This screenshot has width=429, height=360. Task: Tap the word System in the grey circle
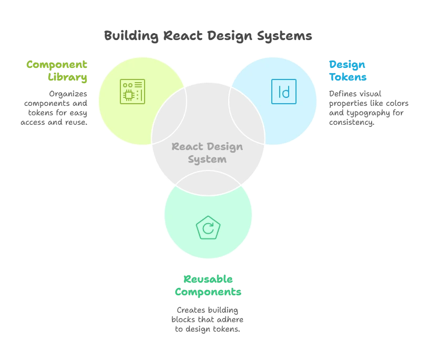click(x=208, y=159)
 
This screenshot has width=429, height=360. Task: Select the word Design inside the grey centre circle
click(x=224, y=146)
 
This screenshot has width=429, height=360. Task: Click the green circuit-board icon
click(x=132, y=92)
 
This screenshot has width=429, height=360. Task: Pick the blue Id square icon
click(x=284, y=92)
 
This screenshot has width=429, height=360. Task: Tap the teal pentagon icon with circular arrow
click(x=208, y=228)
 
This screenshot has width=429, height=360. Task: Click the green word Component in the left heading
click(x=57, y=65)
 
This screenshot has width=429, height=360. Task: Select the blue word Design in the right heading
click(x=347, y=65)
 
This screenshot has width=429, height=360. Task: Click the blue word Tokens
click(x=348, y=77)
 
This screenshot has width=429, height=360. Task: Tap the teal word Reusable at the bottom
click(x=208, y=279)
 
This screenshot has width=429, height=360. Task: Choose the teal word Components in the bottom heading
click(x=208, y=292)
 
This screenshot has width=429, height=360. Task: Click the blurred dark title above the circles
click(x=208, y=36)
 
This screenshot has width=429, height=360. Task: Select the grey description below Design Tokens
click(x=368, y=108)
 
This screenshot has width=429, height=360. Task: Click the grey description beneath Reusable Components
click(x=207, y=318)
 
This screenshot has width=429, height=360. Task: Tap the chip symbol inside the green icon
click(x=128, y=95)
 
